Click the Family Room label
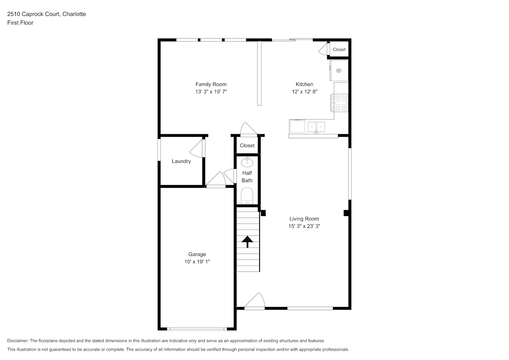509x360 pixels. [x=211, y=84]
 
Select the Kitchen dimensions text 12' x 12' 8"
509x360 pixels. [x=305, y=91]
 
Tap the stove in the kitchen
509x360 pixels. [x=339, y=103]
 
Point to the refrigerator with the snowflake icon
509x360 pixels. [x=339, y=71]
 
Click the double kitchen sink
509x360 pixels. [x=316, y=127]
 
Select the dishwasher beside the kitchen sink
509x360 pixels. [x=297, y=126]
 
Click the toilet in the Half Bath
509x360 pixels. [x=247, y=195]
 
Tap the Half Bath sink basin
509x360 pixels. [x=247, y=162]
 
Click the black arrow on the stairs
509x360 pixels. [x=247, y=242]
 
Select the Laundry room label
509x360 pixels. [x=181, y=161]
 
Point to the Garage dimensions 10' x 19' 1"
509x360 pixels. [x=197, y=262]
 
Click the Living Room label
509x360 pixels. [x=304, y=219]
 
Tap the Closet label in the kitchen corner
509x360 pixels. [x=339, y=49]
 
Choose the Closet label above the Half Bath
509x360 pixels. [x=247, y=145]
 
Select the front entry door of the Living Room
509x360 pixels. [x=255, y=301]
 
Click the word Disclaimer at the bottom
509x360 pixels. [x=18, y=341]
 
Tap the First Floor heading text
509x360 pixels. [x=20, y=23]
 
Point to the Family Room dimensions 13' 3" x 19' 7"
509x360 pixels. [x=211, y=91]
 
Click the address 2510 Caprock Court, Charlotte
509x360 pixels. [x=46, y=14]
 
